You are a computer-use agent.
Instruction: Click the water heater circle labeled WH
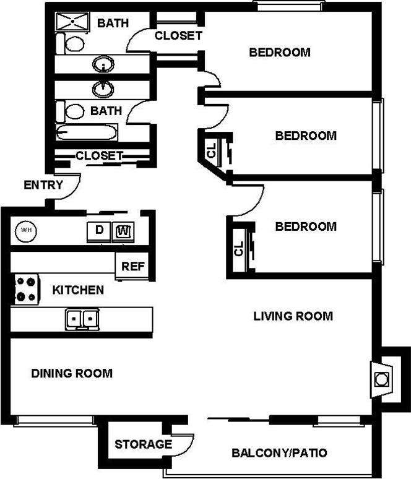pos(26,230)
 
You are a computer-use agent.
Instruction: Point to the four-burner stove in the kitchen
pos(25,288)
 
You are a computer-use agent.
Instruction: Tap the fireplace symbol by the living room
pos(381,376)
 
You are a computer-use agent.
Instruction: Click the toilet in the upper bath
pos(72,43)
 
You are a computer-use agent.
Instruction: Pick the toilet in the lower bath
pos(72,111)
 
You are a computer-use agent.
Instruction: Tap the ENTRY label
pos(43,184)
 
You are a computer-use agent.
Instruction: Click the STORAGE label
pos(143,444)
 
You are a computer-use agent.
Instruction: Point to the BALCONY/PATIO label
pos(279,453)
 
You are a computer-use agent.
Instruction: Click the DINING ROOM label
pos(72,373)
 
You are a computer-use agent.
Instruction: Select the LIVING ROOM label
pos(293,316)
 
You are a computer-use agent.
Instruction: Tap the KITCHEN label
pos(77,290)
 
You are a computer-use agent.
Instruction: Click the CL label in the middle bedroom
pos(210,150)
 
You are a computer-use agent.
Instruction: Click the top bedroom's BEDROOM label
pos(279,53)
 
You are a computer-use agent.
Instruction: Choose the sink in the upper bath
pos(103,64)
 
